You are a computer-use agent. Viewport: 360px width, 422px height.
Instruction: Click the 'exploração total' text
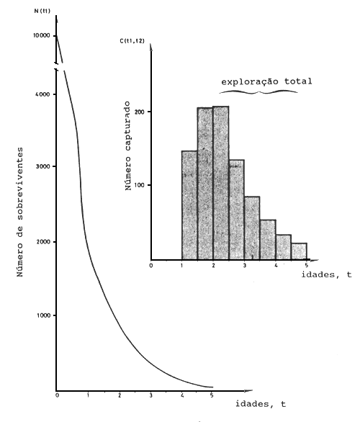(266, 81)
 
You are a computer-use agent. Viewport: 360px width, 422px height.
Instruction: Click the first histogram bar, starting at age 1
(189, 205)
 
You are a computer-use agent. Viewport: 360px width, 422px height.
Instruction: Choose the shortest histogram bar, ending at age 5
(299, 251)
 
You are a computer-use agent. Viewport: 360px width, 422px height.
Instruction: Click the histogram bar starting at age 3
(252, 228)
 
